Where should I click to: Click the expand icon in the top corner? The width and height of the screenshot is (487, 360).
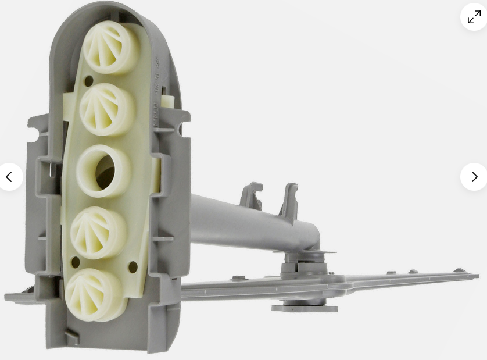tap(474, 17)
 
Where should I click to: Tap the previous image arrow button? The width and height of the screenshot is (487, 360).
tap(9, 177)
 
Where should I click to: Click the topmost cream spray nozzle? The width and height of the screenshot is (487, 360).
tap(110, 47)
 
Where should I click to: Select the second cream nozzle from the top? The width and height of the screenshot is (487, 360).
tap(106, 108)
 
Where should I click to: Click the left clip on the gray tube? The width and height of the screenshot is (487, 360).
tap(251, 195)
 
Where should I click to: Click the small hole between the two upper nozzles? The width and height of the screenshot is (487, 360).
tap(88, 81)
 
